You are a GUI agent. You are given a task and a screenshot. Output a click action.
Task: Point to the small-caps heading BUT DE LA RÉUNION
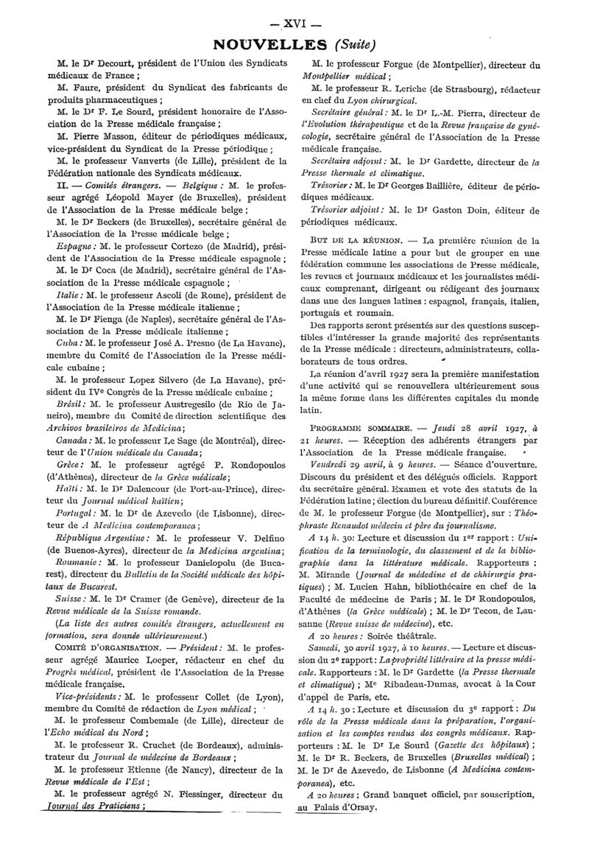354,241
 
